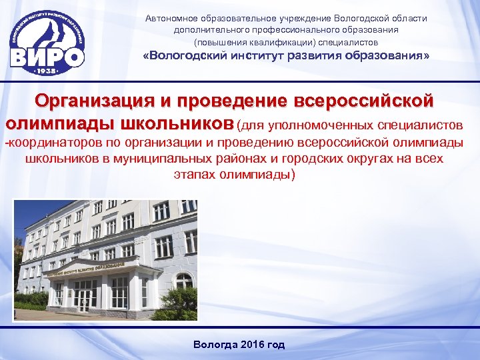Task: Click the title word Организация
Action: pyautogui.click(x=93, y=101)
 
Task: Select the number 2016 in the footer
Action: pyautogui.click(x=251, y=345)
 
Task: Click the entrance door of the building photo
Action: pyautogui.click(x=84, y=299)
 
